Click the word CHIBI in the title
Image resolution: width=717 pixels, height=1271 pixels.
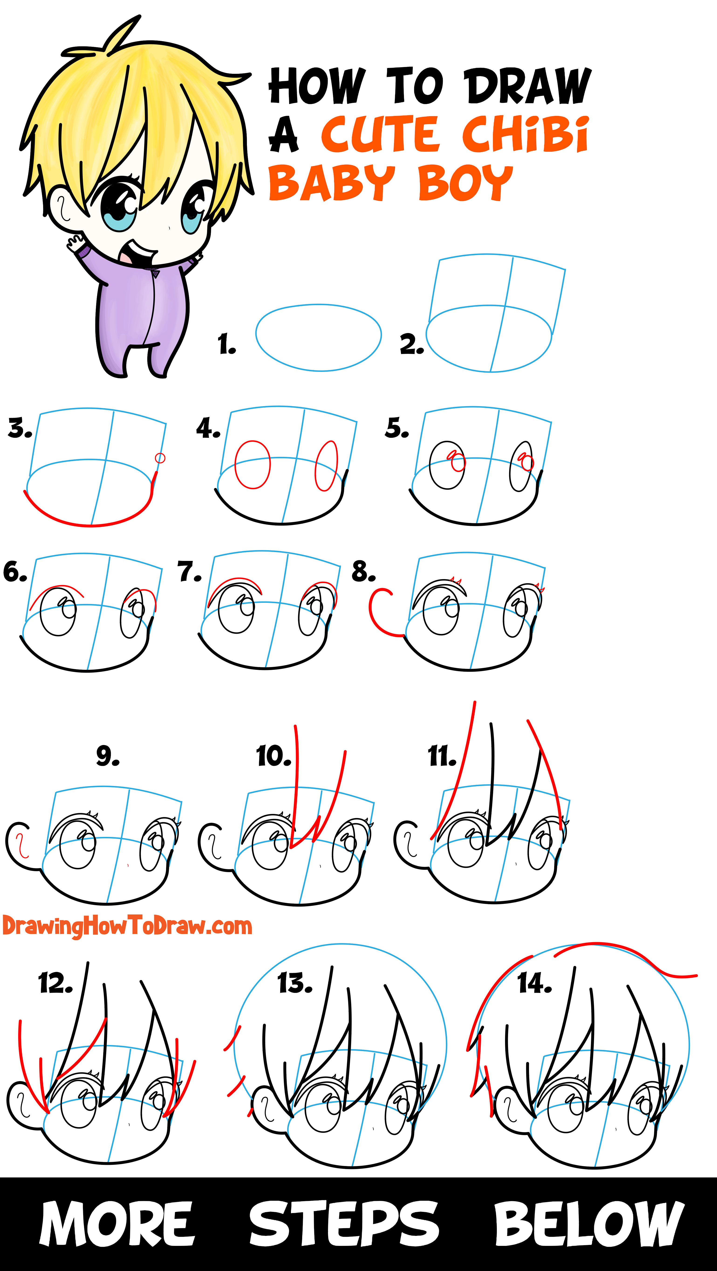click(x=525, y=134)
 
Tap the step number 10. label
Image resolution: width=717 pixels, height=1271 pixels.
click(x=273, y=756)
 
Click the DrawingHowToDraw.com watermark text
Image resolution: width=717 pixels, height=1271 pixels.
click(x=127, y=926)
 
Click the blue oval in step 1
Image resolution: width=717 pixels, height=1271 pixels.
click(x=318, y=337)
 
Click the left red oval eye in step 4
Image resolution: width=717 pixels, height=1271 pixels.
click(x=252, y=465)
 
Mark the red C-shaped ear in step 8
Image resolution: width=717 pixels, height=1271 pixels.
click(x=381, y=612)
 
